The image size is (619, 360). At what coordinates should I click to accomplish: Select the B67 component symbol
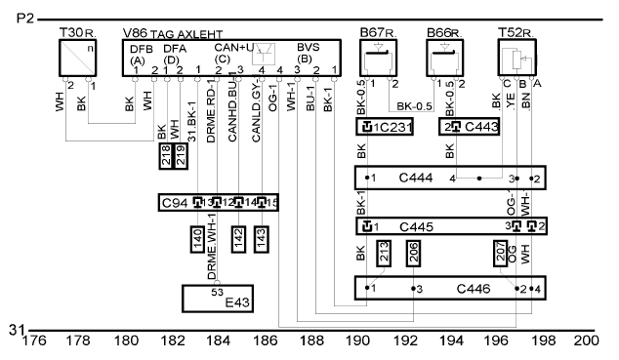point(378,58)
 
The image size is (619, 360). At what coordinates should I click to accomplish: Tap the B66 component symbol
point(444,58)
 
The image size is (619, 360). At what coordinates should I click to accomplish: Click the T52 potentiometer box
point(516,58)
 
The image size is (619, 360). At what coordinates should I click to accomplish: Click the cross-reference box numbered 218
point(166,156)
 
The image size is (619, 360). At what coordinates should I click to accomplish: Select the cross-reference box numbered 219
point(181,156)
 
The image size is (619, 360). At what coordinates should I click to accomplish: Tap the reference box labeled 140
point(197,239)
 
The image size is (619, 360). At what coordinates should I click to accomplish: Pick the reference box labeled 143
point(262,239)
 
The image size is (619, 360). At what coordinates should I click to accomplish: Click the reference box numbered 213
point(384,253)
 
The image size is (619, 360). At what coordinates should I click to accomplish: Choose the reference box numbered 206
point(413,253)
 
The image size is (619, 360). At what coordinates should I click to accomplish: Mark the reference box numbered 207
point(501,253)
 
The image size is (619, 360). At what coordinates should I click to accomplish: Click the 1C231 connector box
point(385,127)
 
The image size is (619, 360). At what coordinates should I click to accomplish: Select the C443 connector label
point(481,127)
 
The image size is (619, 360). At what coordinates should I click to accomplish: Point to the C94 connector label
point(175,203)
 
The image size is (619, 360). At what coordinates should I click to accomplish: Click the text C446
point(474,289)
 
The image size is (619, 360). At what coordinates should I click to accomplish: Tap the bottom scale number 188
point(311,340)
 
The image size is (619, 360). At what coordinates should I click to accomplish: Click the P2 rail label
point(25,19)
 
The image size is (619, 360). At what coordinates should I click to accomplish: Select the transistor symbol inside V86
point(264,54)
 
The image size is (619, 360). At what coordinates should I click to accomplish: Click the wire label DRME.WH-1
point(212,247)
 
